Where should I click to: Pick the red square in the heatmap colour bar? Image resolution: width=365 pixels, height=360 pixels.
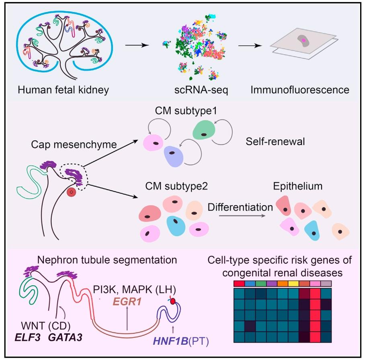tap(239, 284)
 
